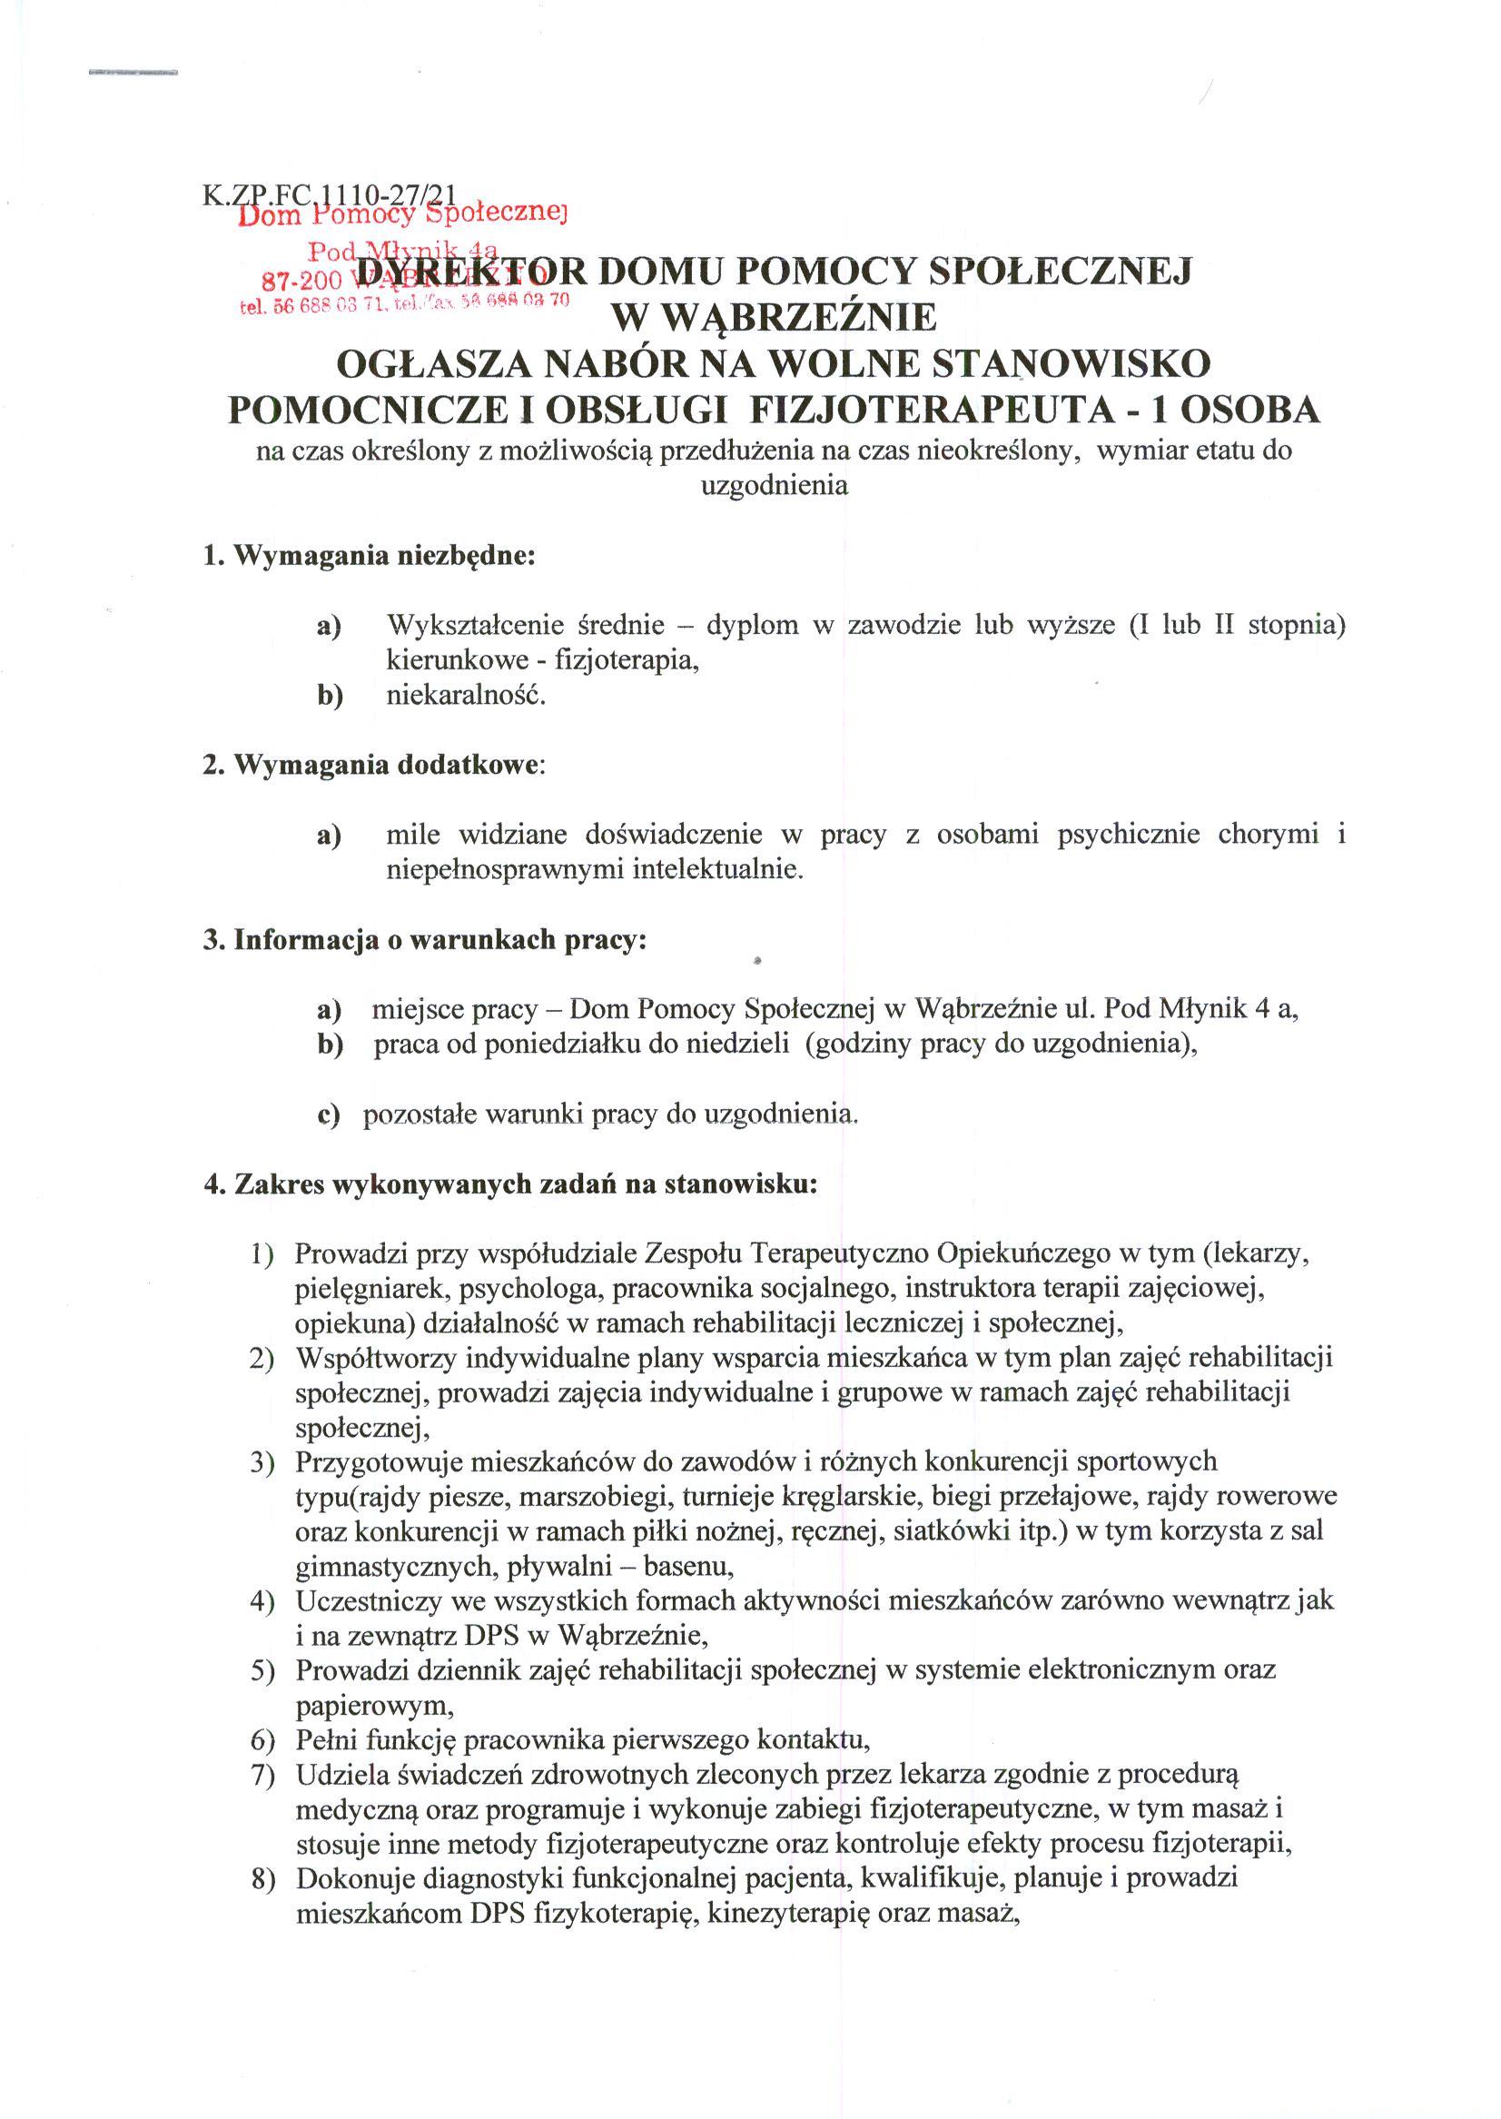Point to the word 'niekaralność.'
coord(466,694)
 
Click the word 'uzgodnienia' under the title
coord(775,485)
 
